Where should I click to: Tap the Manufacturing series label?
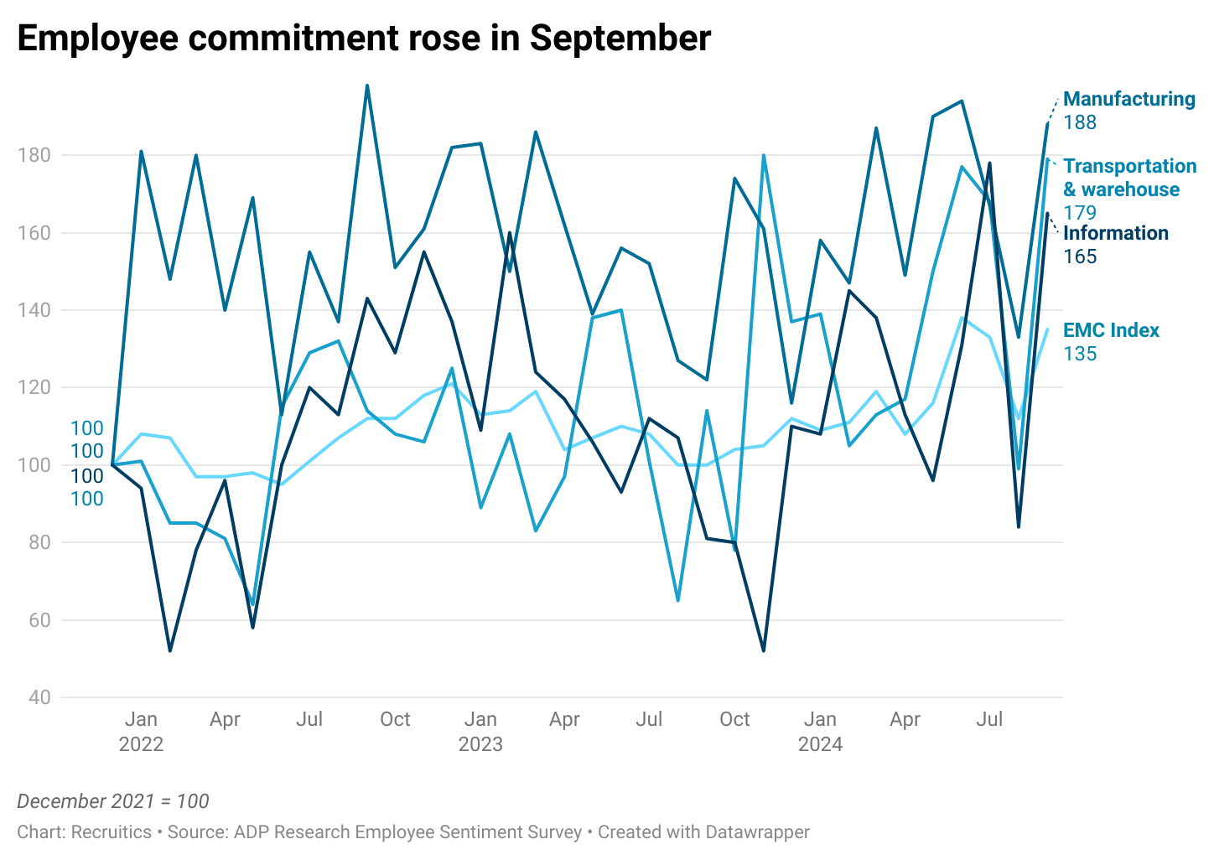(x=1128, y=99)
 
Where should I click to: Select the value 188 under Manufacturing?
(x=1080, y=122)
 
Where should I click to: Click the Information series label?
(x=1115, y=233)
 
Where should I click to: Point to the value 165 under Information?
(x=1080, y=256)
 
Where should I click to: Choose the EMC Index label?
(x=1111, y=330)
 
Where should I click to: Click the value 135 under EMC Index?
(x=1080, y=354)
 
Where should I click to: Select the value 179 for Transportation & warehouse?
(x=1080, y=213)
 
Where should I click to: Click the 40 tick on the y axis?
(x=39, y=697)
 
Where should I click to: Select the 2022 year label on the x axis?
(x=141, y=744)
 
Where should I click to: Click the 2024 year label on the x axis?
(x=820, y=744)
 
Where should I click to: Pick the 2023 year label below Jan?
(x=480, y=744)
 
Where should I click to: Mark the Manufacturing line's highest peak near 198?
(x=367, y=85)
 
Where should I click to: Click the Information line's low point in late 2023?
(x=763, y=650)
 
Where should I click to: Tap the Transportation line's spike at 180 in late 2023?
(x=764, y=155)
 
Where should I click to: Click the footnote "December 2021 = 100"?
(x=113, y=801)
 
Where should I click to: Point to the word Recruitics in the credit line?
(x=111, y=832)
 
